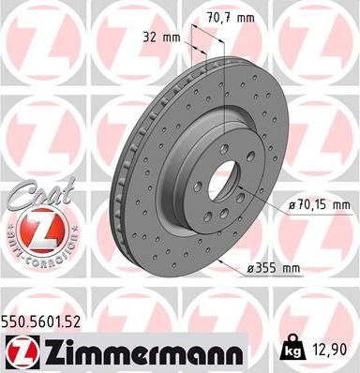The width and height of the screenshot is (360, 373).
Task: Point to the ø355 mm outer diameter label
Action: [x=274, y=269]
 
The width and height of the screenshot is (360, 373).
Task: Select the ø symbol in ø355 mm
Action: [x=252, y=269]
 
